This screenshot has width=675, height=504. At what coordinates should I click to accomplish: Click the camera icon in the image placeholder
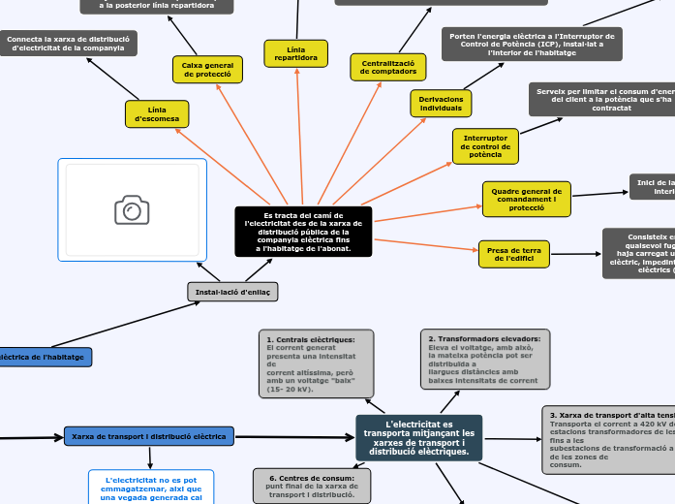[132, 209]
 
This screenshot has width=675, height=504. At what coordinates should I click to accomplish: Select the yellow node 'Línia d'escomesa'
[157, 114]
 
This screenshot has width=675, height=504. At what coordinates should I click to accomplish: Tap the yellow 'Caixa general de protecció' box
[206, 69]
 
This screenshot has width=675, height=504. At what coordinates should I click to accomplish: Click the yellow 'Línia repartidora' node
[295, 53]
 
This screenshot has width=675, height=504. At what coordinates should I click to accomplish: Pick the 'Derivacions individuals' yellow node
[441, 103]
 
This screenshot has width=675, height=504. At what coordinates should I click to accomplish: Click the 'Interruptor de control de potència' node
[485, 146]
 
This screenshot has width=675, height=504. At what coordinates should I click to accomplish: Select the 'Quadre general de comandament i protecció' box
[526, 199]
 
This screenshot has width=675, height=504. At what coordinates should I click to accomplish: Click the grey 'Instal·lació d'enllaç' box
[232, 292]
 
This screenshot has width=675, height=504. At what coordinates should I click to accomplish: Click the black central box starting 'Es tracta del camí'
[303, 232]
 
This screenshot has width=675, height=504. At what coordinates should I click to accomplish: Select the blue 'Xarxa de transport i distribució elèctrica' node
[149, 437]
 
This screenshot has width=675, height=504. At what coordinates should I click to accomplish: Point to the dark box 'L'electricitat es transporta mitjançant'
[418, 438]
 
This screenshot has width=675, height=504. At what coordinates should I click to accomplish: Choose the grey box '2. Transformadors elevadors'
[484, 359]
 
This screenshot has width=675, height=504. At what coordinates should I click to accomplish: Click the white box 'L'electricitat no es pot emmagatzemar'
[151, 488]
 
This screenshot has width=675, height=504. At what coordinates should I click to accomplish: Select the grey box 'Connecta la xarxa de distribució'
[68, 43]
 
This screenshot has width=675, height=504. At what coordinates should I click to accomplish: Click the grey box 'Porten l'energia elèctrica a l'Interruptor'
[533, 44]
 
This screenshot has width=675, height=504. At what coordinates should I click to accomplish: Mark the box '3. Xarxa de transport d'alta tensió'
[608, 439]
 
